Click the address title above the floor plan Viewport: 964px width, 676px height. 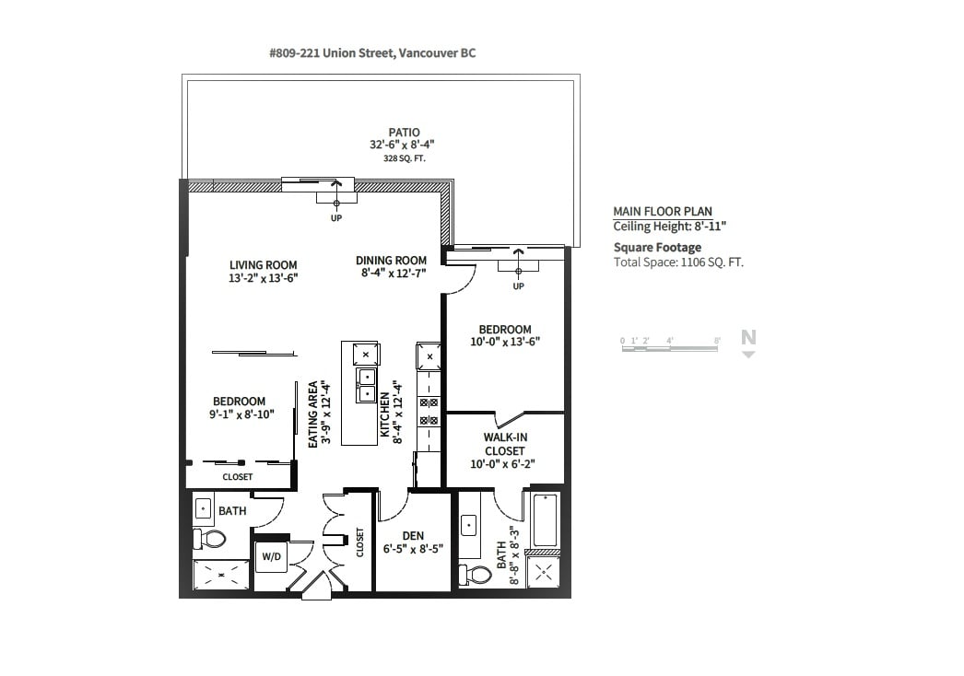(372, 53)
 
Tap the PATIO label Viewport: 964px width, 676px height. (404, 132)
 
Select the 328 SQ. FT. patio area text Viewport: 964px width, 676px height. (404, 158)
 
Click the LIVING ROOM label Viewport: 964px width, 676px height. (264, 265)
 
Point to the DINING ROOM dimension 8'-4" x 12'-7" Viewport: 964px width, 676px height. (394, 273)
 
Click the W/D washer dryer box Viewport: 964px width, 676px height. (271, 557)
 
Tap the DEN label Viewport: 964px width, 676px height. (413, 536)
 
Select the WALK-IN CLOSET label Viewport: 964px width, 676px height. (505, 444)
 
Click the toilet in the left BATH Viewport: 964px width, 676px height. (209, 540)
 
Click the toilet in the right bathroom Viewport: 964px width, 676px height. (476, 575)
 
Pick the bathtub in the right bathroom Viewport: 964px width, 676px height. (546, 520)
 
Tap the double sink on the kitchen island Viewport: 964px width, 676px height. (367, 385)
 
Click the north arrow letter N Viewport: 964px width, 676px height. (748, 337)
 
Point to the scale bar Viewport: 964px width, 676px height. (670, 348)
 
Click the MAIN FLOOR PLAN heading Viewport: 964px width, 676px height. (663, 212)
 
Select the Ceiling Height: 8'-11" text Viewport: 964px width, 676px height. (669, 227)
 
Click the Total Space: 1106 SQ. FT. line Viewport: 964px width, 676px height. (678, 262)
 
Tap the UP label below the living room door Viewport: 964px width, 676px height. (336, 218)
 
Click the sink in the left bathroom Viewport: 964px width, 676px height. (203, 508)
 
